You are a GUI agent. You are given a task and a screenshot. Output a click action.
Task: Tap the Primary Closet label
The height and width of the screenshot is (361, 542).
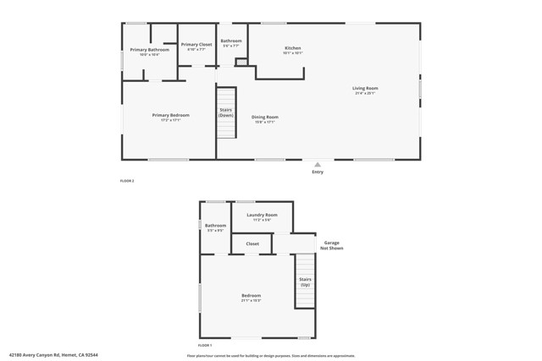click(x=196, y=44)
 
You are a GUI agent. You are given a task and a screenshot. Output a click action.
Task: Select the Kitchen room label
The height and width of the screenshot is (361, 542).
click(x=292, y=49)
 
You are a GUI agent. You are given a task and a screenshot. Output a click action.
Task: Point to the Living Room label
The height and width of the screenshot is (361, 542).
click(x=365, y=88)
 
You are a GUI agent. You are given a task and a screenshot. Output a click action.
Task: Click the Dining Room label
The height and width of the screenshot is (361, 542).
click(x=265, y=118)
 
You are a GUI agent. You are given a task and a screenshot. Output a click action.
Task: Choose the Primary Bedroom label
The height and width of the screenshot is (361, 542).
click(x=171, y=116)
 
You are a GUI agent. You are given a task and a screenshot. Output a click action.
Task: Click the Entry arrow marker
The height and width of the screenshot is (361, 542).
click(x=318, y=165)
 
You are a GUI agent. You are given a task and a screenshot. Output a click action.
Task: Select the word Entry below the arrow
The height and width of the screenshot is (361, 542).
click(x=318, y=172)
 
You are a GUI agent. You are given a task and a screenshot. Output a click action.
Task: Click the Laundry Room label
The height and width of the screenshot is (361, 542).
click(x=262, y=215)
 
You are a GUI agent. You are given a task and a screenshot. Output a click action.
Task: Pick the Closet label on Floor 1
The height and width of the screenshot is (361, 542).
click(x=252, y=243)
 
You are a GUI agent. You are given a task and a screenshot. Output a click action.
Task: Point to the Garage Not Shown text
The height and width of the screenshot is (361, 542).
click(x=331, y=245)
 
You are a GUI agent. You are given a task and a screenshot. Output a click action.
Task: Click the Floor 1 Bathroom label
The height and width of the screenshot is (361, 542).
click(x=215, y=226)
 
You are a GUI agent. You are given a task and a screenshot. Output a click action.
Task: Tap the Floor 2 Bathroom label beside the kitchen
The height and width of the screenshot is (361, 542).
click(x=231, y=41)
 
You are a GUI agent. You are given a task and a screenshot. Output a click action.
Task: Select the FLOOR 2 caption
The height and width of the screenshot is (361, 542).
click(x=127, y=181)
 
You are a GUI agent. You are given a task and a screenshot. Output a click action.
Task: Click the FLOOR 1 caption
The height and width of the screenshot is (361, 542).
click(x=205, y=346)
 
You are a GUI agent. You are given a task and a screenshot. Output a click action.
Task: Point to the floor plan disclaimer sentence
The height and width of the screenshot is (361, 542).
click(x=271, y=355)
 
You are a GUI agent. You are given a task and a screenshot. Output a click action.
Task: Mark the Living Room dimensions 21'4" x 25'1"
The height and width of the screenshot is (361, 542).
click(x=365, y=93)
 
